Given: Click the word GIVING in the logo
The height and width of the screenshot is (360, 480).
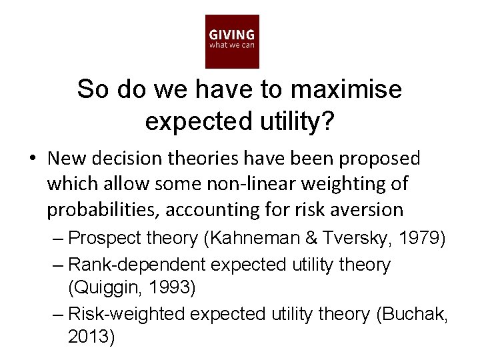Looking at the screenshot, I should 231,35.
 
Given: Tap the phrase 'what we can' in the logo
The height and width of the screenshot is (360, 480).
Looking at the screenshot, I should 231,45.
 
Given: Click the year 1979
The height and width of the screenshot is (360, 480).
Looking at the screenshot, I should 424,238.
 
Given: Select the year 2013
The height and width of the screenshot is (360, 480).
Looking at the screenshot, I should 91,337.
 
